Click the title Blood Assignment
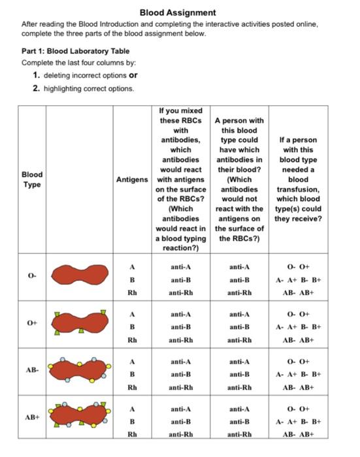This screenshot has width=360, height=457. click(x=178, y=12)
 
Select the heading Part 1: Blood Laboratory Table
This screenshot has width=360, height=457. click(x=75, y=51)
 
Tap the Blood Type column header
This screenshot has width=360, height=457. click(x=32, y=179)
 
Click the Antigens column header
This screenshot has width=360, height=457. click(x=132, y=179)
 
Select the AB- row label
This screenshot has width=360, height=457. click(x=32, y=370)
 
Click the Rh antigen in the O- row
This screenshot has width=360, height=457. click(x=132, y=292)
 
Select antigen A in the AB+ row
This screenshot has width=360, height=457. click(x=132, y=409)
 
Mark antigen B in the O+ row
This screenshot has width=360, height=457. click(x=132, y=326)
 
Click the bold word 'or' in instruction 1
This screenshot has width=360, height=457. click(x=134, y=75)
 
